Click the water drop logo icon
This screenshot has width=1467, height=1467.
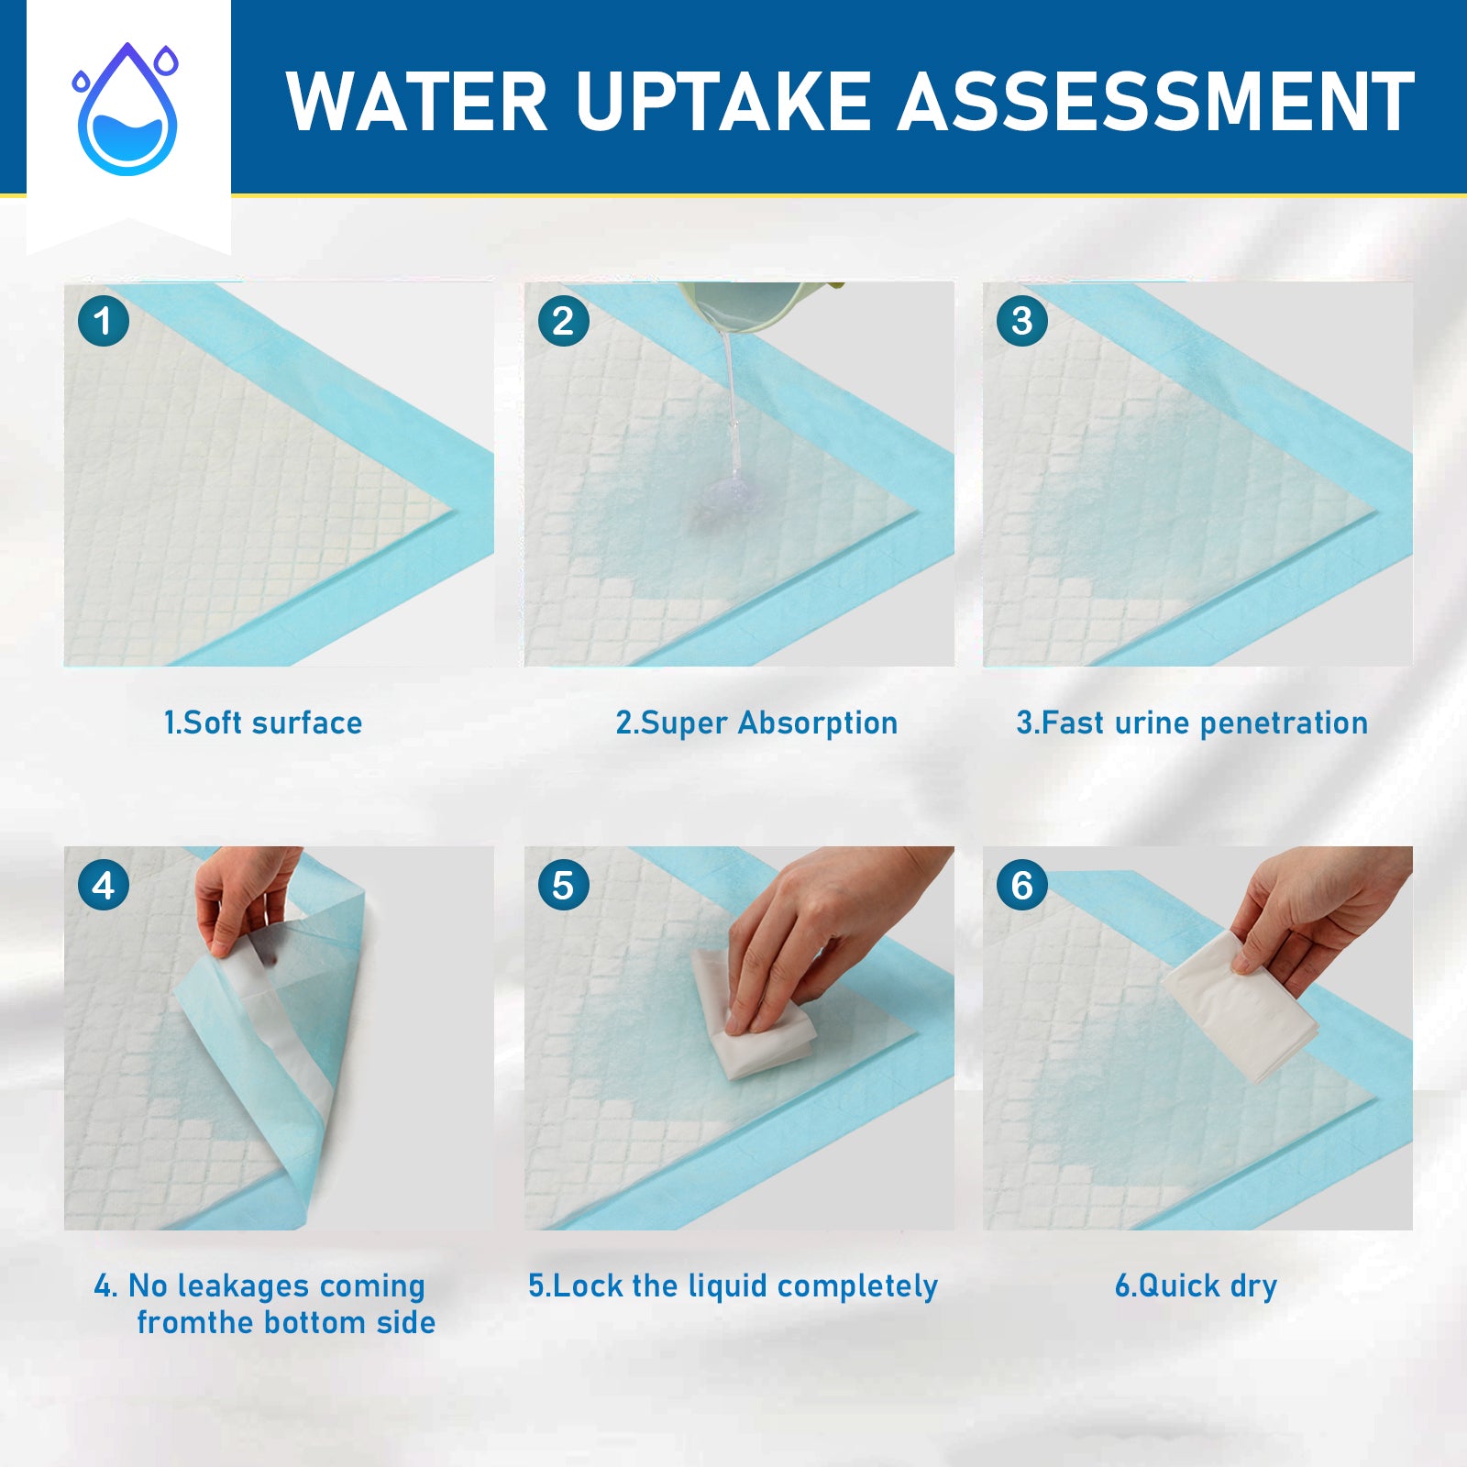[127, 110]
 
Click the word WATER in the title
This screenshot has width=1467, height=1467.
[417, 102]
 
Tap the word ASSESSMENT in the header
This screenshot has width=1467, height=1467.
[1156, 102]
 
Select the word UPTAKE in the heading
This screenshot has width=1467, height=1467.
[722, 102]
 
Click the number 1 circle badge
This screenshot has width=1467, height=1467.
[104, 321]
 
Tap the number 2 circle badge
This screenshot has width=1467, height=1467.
[563, 321]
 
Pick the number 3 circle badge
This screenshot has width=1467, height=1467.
[1022, 321]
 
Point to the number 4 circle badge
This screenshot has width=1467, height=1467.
[104, 886]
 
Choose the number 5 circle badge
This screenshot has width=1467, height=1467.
[563, 886]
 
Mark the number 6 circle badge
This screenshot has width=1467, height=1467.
[1022, 886]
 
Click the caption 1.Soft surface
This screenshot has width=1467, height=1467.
[263, 723]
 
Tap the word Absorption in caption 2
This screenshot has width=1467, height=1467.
[818, 723]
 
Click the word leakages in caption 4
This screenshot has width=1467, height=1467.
[244, 1286]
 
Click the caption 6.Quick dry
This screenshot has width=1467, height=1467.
[1196, 1286]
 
